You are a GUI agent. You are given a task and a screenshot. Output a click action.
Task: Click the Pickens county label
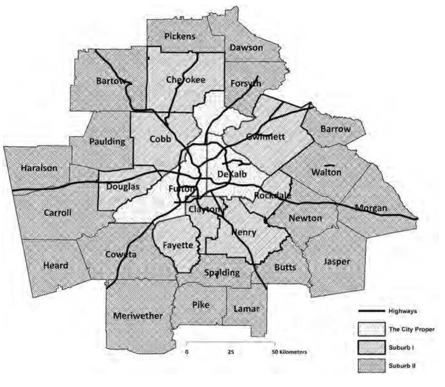[180, 36]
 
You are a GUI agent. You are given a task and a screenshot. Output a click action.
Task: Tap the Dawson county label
[246, 48]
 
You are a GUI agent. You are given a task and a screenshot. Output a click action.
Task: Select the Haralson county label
[39, 168]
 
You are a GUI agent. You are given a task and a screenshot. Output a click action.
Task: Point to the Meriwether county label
[138, 316]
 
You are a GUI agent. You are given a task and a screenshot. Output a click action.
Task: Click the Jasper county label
[337, 262]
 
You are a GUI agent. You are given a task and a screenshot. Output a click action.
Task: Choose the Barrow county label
[335, 129]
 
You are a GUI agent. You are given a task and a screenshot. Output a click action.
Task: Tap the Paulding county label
[107, 141]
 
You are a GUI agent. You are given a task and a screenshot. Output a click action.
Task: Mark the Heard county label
[56, 265]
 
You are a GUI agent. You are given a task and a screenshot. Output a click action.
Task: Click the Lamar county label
[247, 309]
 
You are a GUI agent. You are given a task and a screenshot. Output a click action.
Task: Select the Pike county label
[201, 305]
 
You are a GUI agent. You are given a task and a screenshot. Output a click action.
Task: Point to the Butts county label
[285, 267]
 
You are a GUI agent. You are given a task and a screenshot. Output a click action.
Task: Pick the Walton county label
[326, 172]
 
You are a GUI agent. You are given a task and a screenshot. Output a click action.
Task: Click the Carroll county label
[57, 212]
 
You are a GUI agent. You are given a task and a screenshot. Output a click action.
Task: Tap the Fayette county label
[178, 245]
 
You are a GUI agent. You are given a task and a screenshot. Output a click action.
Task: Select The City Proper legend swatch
[371, 329]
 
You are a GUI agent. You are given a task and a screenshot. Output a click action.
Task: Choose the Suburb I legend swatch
[371, 347]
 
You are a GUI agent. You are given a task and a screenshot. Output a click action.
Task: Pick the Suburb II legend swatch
[371, 366]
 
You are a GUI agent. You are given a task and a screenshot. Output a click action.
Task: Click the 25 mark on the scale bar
[231, 352]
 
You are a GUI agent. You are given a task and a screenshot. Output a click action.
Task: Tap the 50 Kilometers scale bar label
[289, 352]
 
